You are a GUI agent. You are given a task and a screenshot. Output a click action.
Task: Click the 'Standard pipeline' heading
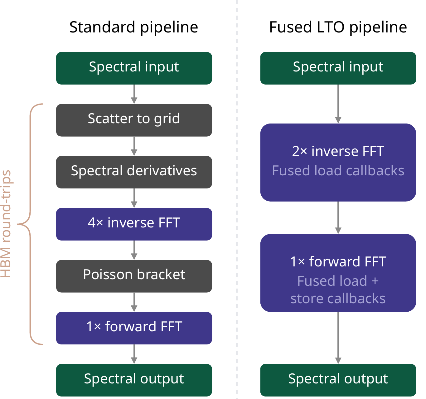[133, 27]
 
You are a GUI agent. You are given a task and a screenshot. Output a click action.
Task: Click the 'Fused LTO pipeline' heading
[338, 27]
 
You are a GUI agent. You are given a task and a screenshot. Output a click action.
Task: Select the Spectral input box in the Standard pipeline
[134, 68]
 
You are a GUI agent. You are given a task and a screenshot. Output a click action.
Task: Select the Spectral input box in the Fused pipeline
[338, 68]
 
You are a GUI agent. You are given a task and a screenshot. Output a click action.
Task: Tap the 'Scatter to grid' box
[134, 120]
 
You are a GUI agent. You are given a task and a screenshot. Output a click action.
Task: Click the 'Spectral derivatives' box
[134, 172]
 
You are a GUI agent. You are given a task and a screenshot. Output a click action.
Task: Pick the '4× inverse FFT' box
[134, 224]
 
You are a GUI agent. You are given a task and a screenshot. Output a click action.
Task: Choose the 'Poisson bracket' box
[134, 276]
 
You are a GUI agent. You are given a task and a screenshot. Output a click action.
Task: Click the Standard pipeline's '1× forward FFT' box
[134, 328]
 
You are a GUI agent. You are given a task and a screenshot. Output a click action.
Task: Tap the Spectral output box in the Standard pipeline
[134, 380]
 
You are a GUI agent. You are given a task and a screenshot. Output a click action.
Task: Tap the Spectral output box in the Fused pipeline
[338, 380]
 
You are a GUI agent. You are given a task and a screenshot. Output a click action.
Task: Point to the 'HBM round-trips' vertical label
[6, 224]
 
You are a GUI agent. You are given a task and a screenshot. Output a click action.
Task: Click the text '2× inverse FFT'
[338, 151]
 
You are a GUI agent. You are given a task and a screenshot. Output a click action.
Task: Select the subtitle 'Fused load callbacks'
[338, 171]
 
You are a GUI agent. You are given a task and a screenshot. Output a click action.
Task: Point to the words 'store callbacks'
[338, 299]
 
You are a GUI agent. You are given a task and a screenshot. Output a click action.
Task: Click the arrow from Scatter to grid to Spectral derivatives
[134, 146]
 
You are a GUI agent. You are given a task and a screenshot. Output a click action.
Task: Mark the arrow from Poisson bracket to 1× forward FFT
[134, 302]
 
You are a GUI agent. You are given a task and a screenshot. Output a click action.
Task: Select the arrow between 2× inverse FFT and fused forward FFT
[338, 217]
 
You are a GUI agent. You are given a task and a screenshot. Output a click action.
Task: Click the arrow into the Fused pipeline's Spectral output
[338, 338]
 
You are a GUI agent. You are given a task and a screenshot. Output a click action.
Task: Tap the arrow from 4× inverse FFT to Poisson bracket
[134, 250]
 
